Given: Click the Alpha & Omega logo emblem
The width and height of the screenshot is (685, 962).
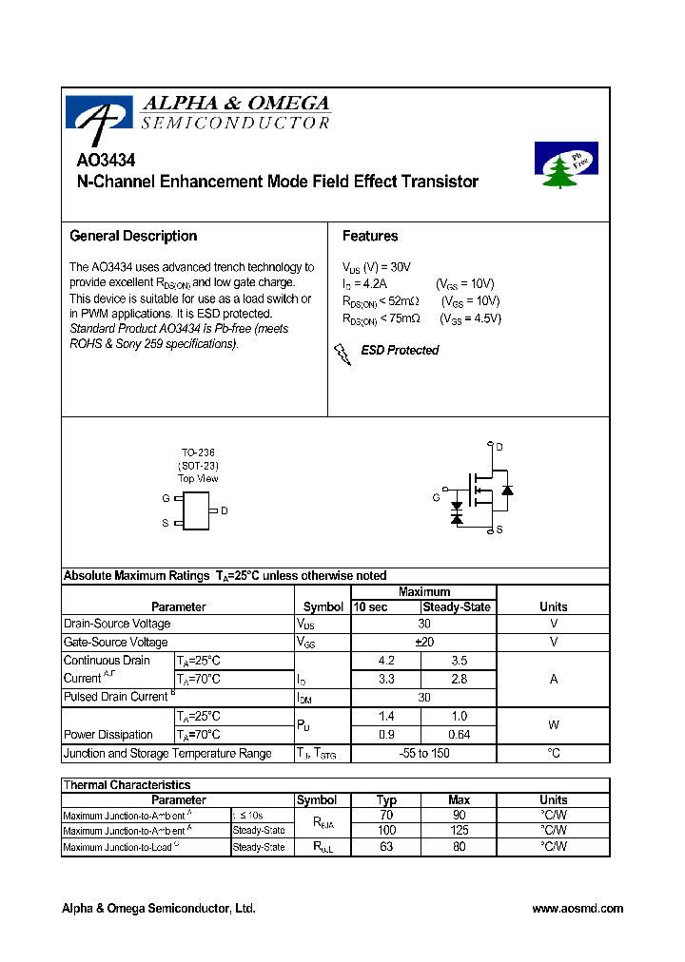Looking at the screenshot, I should [x=99, y=113].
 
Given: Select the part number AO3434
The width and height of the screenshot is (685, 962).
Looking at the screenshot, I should [x=105, y=162].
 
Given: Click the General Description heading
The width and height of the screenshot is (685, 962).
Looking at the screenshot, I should [x=133, y=236].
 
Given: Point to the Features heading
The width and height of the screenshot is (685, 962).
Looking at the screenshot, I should [x=370, y=236].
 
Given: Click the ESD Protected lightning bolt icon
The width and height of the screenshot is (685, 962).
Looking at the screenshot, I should [x=342, y=354].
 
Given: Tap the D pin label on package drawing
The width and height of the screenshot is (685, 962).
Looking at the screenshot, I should [x=224, y=510].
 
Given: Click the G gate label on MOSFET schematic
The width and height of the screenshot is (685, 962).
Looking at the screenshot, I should [x=436, y=497].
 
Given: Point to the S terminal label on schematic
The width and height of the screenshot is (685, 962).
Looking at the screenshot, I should [x=499, y=529].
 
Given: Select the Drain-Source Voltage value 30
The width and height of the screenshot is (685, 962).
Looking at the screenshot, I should [x=424, y=624].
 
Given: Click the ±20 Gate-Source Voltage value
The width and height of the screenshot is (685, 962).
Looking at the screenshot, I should [x=424, y=642].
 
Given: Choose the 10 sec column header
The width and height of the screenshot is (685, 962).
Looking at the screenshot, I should [x=371, y=606].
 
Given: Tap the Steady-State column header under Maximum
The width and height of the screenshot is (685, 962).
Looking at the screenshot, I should [x=458, y=606].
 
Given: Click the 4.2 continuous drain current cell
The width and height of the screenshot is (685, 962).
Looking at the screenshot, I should [x=386, y=660].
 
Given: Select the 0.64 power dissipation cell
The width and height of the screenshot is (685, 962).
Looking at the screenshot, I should [x=460, y=734].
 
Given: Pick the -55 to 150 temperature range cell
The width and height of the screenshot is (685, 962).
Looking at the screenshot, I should [x=424, y=753].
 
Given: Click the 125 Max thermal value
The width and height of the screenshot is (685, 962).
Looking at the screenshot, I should [x=460, y=830].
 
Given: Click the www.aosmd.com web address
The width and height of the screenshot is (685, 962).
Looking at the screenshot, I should [x=577, y=909].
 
